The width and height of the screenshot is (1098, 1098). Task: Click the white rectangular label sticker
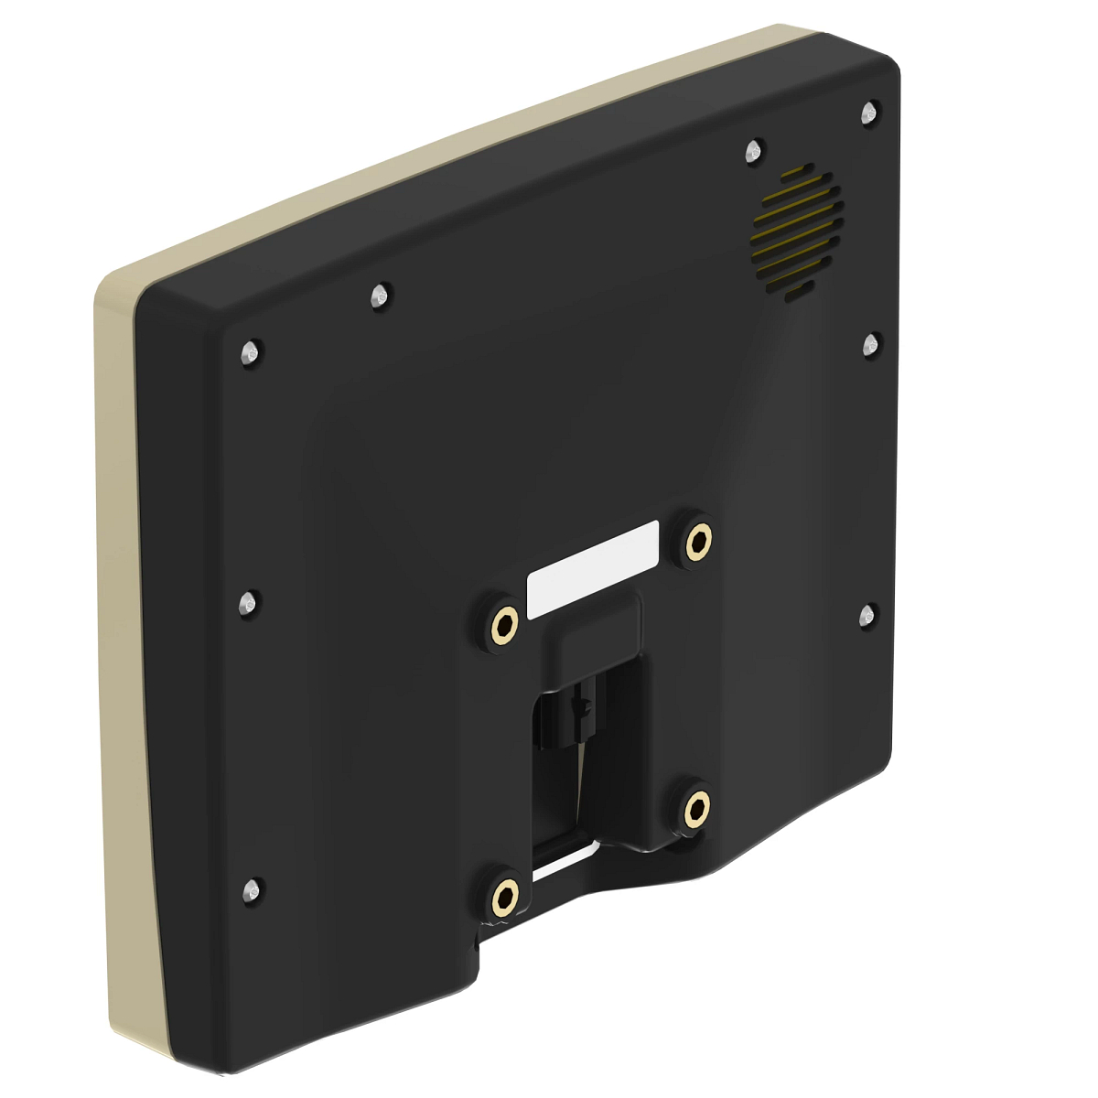[x=593, y=568]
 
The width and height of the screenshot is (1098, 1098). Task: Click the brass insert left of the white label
[x=502, y=626]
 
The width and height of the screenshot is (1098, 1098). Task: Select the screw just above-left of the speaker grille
[x=754, y=151]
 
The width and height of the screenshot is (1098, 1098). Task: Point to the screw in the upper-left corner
[x=249, y=352]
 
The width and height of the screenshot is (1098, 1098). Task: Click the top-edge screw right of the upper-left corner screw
[x=379, y=296]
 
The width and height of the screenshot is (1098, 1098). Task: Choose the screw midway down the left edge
[x=247, y=603]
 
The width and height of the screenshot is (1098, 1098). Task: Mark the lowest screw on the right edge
[x=867, y=614]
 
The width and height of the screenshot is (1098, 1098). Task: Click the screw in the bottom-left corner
[x=252, y=888]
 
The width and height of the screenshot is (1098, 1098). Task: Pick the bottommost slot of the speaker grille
[x=796, y=292]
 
